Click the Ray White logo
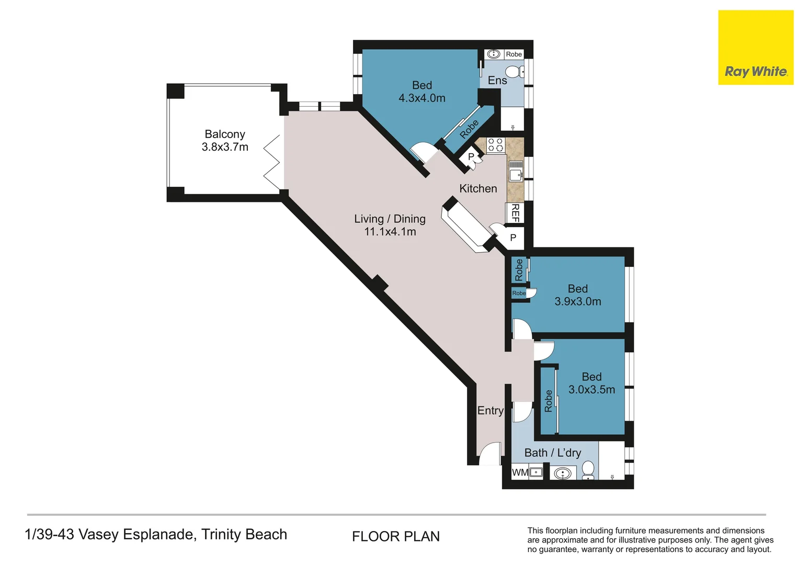tap(756, 48)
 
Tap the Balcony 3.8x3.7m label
tap(225, 141)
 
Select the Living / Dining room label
tap(390, 225)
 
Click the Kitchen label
tap(478, 188)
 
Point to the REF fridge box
tap(515, 213)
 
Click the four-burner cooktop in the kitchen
tap(495, 145)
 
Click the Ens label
tap(497, 81)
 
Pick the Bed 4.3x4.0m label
tap(422, 92)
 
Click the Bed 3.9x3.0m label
tap(578, 295)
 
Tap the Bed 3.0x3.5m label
tap(591, 383)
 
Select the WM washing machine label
tap(520, 472)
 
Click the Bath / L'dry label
tap(552, 453)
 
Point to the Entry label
tap(490, 411)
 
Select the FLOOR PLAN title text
tap(396, 536)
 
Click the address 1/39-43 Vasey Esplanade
tap(156, 534)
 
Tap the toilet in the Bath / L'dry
tap(588, 469)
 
